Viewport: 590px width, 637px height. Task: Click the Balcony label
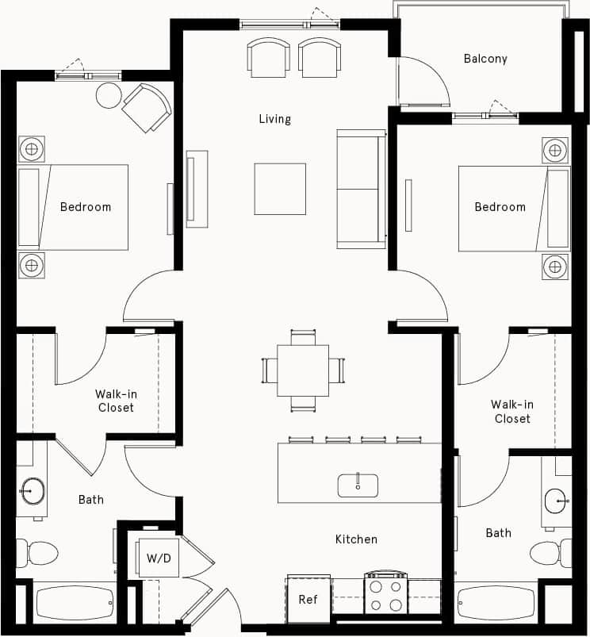click(485, 59)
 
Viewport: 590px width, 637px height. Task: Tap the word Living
click(274, 119)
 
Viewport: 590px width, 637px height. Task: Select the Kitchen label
click(356, 539)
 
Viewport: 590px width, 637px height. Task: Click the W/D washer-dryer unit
click(158, 558)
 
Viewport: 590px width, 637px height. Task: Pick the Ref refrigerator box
click(308, 599)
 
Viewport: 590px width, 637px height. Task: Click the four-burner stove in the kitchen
click(385, 594)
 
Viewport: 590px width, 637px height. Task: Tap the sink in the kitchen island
click(358, 485)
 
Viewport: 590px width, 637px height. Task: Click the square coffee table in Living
click(280, 189)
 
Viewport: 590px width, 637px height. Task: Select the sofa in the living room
click(361, 189)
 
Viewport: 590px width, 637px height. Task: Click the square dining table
click(303, 370)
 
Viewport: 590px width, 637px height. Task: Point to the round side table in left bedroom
click(109, 96)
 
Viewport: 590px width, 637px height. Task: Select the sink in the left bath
click(33, 492)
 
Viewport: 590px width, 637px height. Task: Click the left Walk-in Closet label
click(116, 401)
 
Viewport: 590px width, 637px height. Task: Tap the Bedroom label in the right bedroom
click(500, 207)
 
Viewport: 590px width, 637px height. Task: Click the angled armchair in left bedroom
click(147, 108)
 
